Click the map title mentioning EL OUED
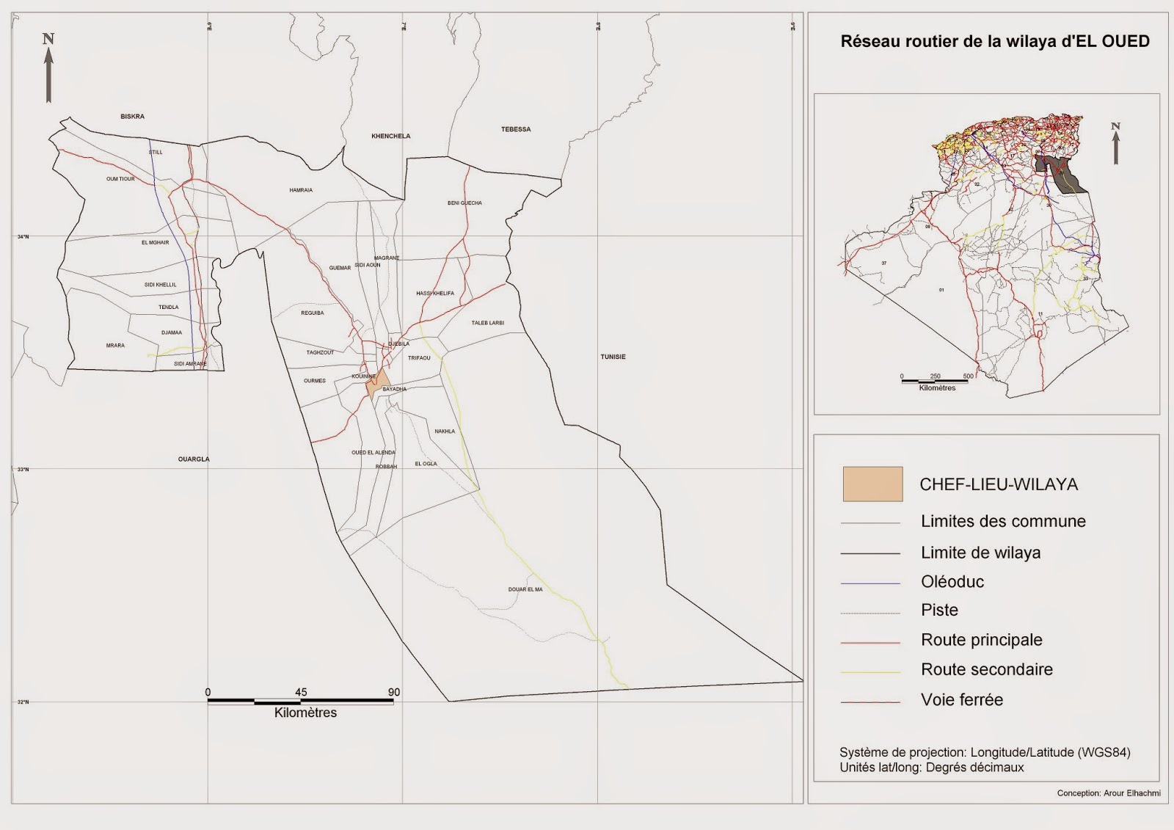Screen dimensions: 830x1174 point(994,42)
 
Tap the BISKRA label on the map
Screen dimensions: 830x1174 point(132,117)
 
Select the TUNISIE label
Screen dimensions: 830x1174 point(613,357)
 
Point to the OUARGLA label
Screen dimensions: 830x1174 point(194,459)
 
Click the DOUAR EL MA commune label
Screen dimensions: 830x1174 point(525,589)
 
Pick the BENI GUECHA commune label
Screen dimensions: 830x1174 point(464,203)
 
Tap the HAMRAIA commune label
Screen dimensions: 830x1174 point(301,190)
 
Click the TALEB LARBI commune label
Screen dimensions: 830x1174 point(487,323)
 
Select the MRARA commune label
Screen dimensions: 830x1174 point(115,346)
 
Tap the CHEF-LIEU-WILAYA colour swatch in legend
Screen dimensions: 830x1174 point(872,484)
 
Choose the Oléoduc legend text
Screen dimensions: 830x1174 point(952,582)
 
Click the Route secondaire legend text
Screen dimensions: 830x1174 point(986,669)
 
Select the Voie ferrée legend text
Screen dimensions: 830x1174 point(961,700)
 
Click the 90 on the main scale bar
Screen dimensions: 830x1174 point(394,692)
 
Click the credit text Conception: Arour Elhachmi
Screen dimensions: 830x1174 point(1108,793)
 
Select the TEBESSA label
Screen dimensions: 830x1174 point(516,129)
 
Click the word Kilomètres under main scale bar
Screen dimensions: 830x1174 point(305,713)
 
